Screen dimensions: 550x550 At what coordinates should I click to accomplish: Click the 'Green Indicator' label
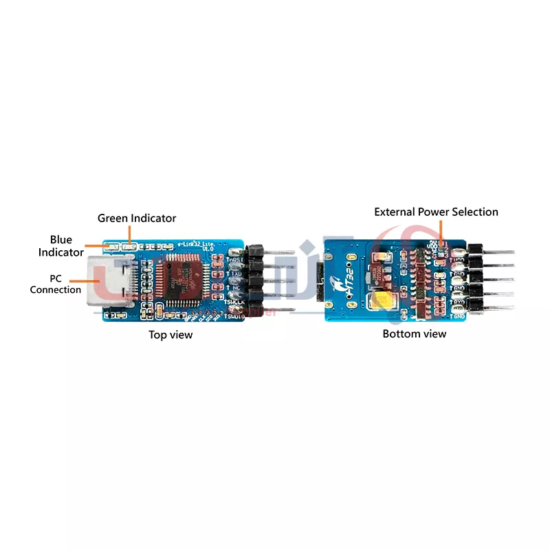pos(137,218)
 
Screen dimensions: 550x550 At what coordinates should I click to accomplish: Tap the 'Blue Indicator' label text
pos(60,246)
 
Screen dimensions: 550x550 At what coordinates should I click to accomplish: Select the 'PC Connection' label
pos(55,284)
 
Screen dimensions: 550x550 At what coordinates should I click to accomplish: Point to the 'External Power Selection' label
pos(436,212)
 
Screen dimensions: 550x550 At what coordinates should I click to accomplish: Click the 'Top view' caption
pos(170,335)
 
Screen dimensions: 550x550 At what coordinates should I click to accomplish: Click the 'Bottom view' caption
pos(414,333)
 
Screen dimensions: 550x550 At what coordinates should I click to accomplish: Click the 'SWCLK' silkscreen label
pos(234,302)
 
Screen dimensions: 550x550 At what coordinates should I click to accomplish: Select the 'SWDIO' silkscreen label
pos(234,316)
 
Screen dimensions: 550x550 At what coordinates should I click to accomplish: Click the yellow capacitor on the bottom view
pos(379,302)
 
